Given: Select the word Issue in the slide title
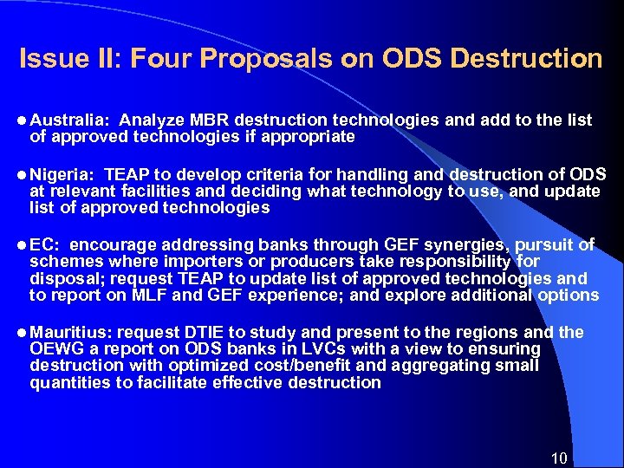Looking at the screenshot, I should (x=47, y=59).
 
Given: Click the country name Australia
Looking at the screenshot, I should (x=69, y=120).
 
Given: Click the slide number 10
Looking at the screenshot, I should (x=559, y=458).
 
